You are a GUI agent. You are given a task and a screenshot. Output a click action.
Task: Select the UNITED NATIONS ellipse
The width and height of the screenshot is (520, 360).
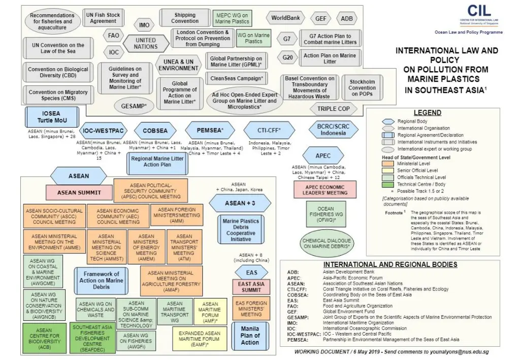click(x=146, y=43)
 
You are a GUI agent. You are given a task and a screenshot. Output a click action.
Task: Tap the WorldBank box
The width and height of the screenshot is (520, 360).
click(x=285, y=18)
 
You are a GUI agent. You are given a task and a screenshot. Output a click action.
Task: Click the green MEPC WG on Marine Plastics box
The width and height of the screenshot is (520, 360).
click(x=232, y=18)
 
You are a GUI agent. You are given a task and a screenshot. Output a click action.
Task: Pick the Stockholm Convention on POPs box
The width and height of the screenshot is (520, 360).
click(x=362, y=88)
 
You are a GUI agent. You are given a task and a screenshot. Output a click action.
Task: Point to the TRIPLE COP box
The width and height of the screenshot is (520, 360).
click(x=333, y=109)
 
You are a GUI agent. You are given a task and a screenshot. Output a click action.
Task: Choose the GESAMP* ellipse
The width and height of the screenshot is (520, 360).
click(x=134, y=106)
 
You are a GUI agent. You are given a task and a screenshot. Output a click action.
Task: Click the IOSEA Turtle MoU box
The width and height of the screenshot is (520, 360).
click(x=51, y=117)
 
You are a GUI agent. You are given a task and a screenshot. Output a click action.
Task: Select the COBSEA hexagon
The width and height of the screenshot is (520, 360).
click(x=155, y=131)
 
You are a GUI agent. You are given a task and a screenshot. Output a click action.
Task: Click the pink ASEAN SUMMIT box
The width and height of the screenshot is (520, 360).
click(x=78, y=193)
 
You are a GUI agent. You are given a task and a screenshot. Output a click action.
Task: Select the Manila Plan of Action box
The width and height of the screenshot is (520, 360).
click(x=250, y=336)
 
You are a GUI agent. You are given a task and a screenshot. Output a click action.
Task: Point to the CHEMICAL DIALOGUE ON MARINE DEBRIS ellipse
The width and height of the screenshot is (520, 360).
click(x=329, y=243)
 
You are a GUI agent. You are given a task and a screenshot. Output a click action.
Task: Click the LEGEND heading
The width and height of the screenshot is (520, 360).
click(x=427, y=113)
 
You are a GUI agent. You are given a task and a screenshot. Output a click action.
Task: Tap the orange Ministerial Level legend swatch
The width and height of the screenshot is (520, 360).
click(x=389, y=163)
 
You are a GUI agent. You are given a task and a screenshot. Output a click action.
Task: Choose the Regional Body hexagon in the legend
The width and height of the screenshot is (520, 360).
click(x=389, y=122)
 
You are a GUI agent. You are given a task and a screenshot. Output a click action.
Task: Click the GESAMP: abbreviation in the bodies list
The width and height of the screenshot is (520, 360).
click(x=297, y=317)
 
